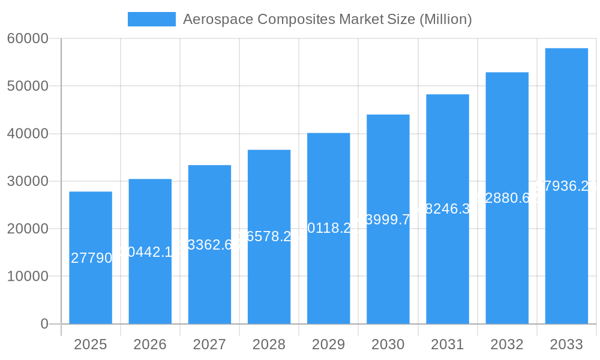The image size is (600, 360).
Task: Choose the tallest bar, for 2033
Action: (x=566, y=252)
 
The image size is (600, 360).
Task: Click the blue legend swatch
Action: (x=152, y=19)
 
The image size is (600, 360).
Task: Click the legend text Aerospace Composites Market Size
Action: (x=327, y=19)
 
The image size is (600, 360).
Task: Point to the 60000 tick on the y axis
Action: (x=28, y=38)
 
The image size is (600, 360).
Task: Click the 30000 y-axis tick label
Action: (x=28, y=181)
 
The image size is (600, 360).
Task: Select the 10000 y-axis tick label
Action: (x=28, y=277)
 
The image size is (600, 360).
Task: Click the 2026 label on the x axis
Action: (x=150, y=344)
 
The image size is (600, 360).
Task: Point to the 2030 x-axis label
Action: (x=388, y=344)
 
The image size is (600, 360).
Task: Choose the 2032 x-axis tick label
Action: (x=507, y=344)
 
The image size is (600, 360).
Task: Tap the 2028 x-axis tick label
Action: (x=269, y=344)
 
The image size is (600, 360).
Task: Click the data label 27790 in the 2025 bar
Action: (x=91, y=258)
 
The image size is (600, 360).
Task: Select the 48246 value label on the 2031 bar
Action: (x=448, y=209)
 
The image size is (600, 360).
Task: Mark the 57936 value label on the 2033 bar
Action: (x=566, y=186)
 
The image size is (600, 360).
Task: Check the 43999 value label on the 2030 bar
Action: (x=388, y=220)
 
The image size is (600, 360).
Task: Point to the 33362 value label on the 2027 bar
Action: (x=209, y=244)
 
